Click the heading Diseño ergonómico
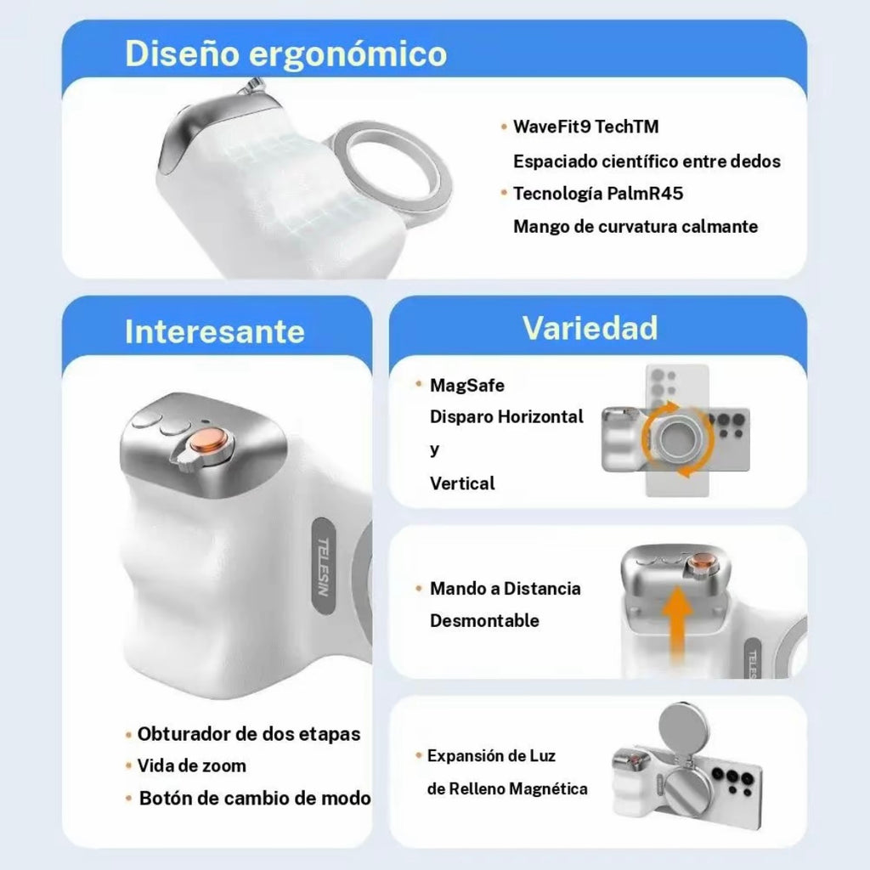point(285,54)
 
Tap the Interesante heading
point(215,331)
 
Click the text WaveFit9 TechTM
point(586,127)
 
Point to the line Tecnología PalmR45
point(598,194)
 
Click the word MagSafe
point(467,385)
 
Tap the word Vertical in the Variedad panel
point(462,483)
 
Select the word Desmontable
point(484,620)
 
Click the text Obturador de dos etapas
point(249,734)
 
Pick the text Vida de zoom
point(191,765)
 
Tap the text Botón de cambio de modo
point(255,798)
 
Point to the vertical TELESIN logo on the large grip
point(324,567)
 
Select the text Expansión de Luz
point(491,755)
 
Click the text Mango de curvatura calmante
point(636,226)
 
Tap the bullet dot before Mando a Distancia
point(419,588)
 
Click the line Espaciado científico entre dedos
point(647,161)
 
